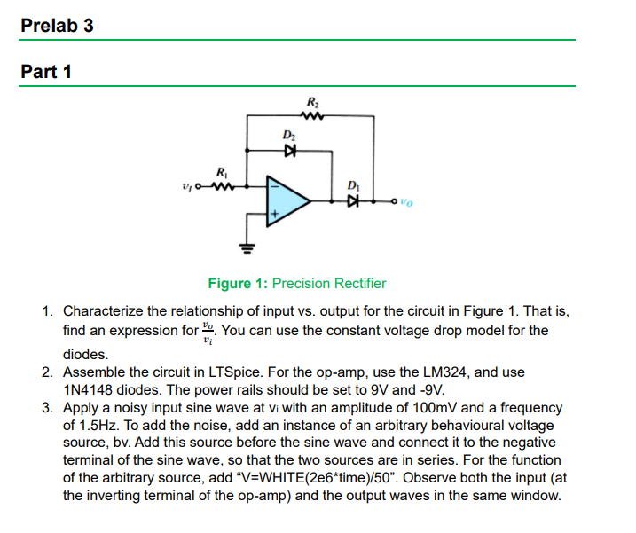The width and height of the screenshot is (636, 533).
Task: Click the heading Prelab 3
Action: click(x=57, y=25)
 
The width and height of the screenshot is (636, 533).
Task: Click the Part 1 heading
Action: click(x=46, y=72)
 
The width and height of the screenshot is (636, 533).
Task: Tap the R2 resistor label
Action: click(x=310, y=100)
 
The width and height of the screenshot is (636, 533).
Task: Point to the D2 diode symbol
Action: click(x=287, y=150)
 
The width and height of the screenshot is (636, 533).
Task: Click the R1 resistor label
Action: click(x=221, y=171)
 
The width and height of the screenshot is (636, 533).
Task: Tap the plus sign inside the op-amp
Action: click(x=275, y=214)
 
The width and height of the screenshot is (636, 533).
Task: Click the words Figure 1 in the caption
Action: click(x=238, y=284)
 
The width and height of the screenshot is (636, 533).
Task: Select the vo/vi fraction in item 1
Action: click(x=208, y=332)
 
